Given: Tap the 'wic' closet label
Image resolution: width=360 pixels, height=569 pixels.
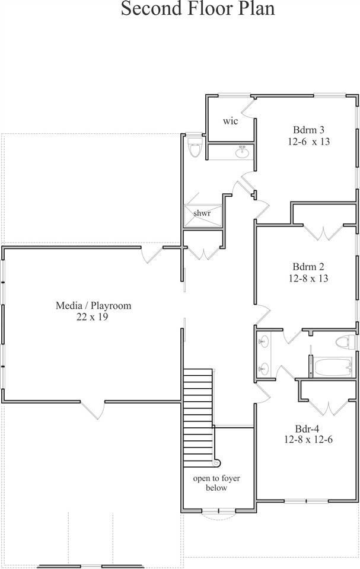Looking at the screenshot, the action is click(230, 121).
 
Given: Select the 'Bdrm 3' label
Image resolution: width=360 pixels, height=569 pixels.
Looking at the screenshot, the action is click(308, 130).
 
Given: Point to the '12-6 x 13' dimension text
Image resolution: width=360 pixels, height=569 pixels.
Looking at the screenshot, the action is click(309, 141).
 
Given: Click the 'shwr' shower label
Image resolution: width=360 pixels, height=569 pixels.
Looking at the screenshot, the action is click(202, 213).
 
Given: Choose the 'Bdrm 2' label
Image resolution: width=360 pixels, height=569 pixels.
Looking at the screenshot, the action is click(308, 267).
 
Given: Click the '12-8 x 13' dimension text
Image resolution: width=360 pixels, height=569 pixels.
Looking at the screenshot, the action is click(308, 279).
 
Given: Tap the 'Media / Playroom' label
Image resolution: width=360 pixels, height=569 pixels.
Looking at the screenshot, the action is click(93, 306).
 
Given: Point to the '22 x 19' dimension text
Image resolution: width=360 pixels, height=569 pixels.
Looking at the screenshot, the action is click(93, 317).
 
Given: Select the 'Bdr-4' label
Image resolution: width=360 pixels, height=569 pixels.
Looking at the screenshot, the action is click(307, 429).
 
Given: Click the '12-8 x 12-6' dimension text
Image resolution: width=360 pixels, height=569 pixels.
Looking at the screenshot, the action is click(308, 440).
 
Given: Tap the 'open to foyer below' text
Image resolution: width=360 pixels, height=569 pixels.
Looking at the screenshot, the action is click(216, 483).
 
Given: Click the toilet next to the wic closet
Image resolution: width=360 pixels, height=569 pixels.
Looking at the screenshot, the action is click(195, 147).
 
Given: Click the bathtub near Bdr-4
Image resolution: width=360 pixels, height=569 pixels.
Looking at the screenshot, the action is click(332, 367).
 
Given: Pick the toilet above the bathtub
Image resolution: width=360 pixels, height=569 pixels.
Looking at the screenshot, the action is click(345, 342).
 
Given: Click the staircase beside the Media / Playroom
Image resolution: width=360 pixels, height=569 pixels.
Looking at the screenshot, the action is click(198, 418).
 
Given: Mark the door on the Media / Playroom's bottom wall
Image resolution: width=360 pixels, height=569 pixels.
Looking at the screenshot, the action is click(93, 410).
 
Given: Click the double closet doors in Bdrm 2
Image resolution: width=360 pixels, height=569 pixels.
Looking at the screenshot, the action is click(323, 232).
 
